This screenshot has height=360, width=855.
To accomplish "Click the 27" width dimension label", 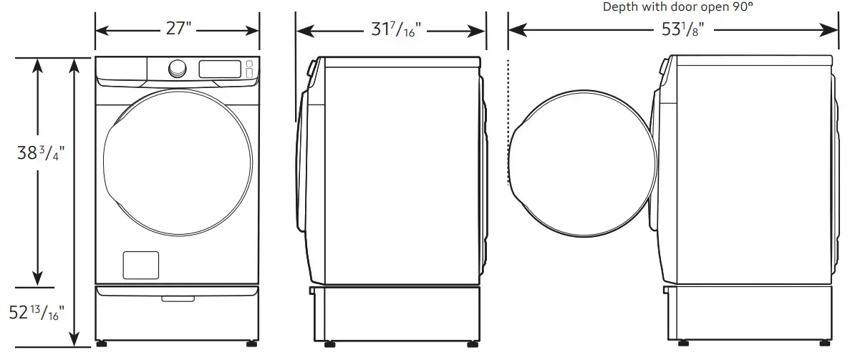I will point(177,31).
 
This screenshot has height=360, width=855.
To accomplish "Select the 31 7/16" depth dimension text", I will point(392,31).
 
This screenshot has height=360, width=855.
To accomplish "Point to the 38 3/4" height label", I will point(39,154).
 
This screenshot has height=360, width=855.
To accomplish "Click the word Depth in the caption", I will point(619,7).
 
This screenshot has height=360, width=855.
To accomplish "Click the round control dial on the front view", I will point(175,69).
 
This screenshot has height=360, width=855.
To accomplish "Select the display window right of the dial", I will point(219,69).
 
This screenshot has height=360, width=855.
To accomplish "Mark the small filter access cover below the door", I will point(140,265).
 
